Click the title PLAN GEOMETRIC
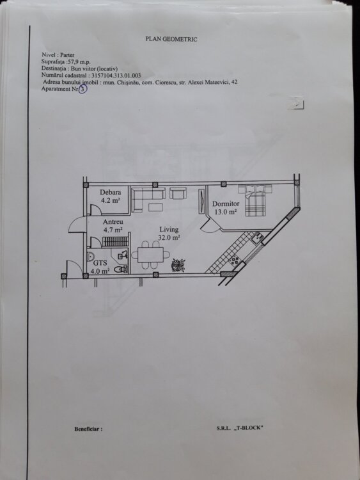point(171,39)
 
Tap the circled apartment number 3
point(82,90)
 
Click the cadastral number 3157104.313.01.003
point(116,76)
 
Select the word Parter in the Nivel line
point(67,55)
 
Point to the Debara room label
point(110,192)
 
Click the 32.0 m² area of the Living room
point(169,237)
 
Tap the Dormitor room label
point(226,204)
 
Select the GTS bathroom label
point(100,262)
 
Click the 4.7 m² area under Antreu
point(113,229)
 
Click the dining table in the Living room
point(150,255)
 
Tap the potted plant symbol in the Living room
point(178,265)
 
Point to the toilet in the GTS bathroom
point(120,269)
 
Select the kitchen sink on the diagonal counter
point(257,238)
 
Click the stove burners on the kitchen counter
point(235,261)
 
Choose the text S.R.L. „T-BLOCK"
point(240,428)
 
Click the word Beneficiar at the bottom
point(88,429)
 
